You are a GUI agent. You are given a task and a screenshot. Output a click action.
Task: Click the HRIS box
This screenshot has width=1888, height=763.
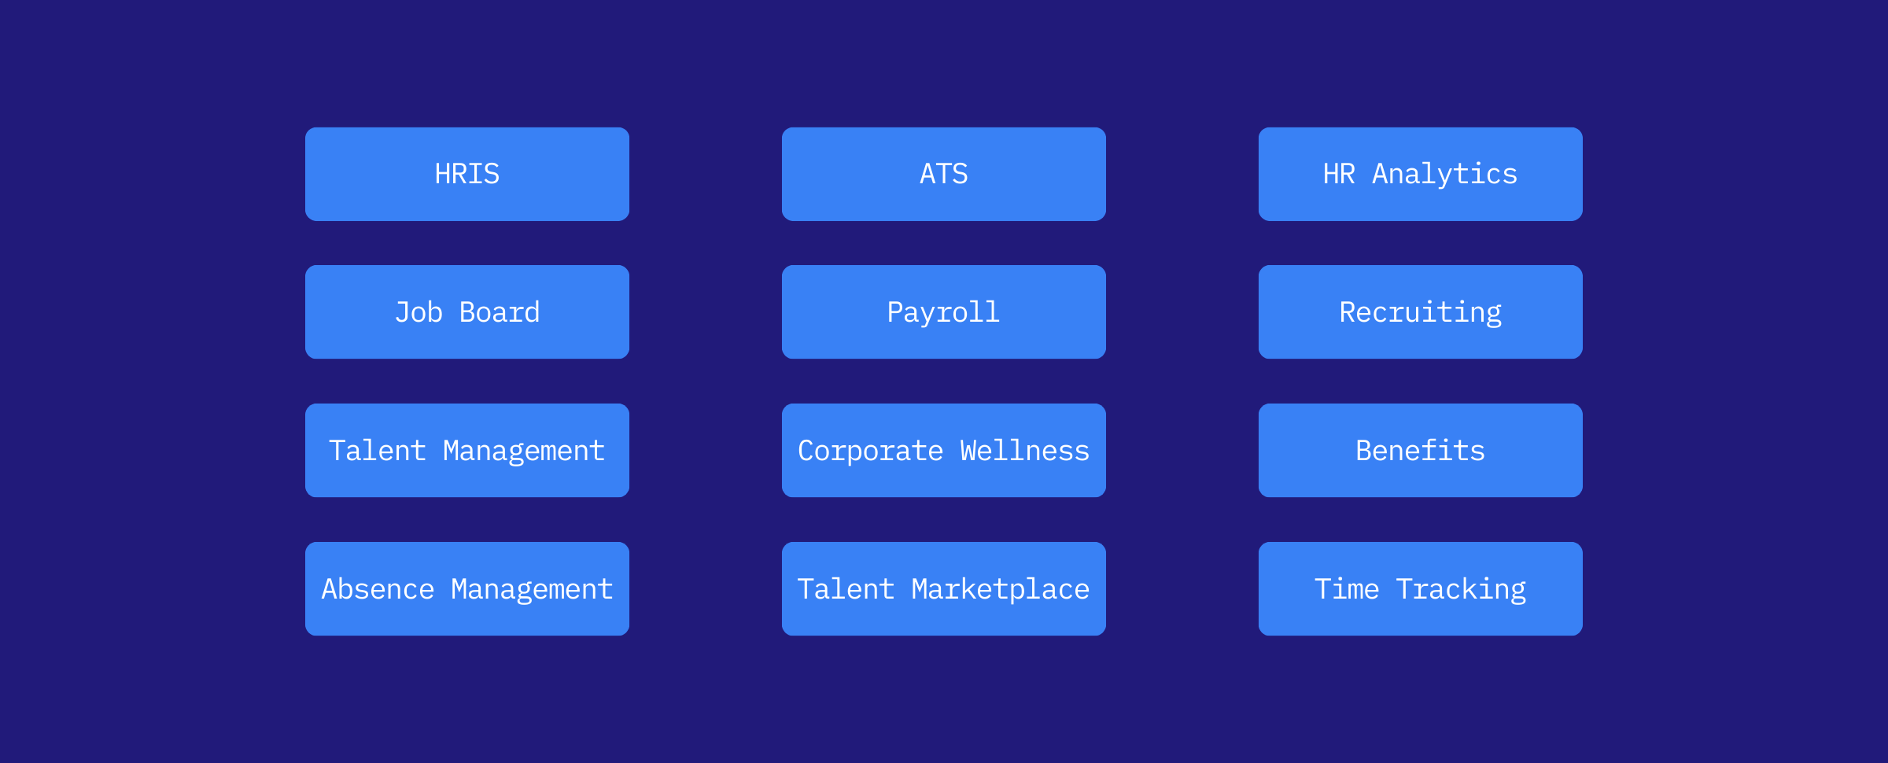(x=466, y=174)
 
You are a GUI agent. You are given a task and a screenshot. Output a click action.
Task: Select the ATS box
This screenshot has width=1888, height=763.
(x=943, y=174)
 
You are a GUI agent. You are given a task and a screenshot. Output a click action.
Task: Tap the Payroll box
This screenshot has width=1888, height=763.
(x=943, y=312)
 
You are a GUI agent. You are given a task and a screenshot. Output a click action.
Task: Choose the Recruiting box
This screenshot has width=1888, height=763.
(x=1420, y=312)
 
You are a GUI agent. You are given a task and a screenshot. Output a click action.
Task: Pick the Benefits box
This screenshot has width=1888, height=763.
(x=1420, y=451)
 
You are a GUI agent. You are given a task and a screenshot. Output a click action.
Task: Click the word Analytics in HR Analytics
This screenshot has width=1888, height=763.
(x=1444, y=174)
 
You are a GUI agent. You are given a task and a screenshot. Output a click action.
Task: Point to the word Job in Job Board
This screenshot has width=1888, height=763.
(x=419, y=312)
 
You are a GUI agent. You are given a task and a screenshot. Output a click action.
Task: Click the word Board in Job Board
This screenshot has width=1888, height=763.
(x=500, y=312)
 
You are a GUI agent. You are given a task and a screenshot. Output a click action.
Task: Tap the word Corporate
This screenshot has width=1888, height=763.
(x=870, y=451)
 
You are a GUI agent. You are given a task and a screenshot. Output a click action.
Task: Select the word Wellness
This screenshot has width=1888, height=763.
(x=1024, y=451)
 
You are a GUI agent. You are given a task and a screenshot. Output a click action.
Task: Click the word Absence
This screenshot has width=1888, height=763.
(x=378, y=589)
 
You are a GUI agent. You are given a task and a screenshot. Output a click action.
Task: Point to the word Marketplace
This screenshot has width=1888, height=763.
(x=1000, y=589)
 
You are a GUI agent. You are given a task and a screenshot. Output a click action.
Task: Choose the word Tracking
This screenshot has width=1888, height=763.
(x=1461, y=589)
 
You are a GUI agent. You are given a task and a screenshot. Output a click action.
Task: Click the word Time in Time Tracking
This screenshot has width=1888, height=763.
(x=1347, y=589)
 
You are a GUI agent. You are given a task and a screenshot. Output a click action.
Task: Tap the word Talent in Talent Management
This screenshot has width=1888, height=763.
(x=378, y=451)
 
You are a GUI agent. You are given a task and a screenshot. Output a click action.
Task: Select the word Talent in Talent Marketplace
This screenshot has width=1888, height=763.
(x=846, y=589)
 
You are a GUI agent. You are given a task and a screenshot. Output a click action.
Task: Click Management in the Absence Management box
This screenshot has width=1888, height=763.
(x=532, y=589)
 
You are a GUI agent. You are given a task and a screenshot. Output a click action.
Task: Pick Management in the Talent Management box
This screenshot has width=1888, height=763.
(x=524, y=451)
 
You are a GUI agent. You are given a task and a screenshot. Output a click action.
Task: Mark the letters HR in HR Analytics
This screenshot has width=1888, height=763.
(x=1339, y=174)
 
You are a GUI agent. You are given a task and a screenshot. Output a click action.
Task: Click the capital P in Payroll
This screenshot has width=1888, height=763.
(x=894, y=312)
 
